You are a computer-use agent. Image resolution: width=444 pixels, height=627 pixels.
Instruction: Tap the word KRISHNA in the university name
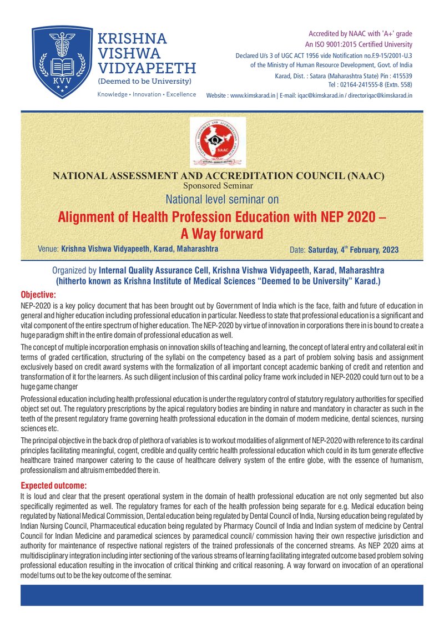132,39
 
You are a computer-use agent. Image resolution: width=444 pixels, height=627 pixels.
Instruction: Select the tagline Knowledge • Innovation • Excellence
147,94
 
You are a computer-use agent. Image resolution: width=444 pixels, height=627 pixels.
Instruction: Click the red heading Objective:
38,294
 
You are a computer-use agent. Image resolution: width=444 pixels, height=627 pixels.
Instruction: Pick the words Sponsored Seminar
218,185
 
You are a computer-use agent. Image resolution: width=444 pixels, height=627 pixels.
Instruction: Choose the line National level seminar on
222,199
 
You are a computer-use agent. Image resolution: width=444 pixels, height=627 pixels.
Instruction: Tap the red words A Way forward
222,234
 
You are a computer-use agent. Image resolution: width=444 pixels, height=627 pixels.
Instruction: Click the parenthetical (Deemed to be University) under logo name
144,82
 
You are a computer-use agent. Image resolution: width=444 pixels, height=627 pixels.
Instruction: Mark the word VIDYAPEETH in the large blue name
147,68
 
